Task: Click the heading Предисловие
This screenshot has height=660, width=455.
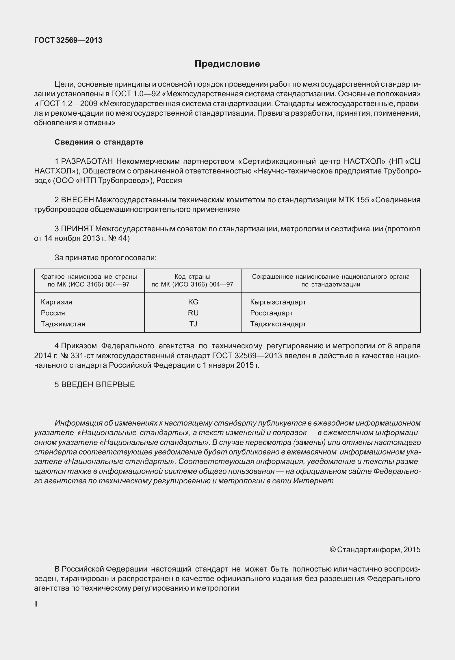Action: [x=227, y=64]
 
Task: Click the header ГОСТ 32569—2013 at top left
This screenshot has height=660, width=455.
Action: [x=68, y=40]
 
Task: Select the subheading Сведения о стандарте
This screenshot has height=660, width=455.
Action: [x=99, y=142]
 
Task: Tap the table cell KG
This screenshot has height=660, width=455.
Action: [x=193, y=302]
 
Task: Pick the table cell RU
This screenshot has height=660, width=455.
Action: [x=193, y=313]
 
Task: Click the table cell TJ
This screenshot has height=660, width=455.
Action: [x=193, y=324]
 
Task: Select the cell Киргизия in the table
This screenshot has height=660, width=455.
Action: [x=57, y=302]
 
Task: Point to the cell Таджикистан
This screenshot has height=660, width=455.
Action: [x=63, y=324]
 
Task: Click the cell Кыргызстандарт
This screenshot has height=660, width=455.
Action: [x=278, y=302]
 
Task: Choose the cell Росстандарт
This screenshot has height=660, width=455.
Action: [x=271, y=313]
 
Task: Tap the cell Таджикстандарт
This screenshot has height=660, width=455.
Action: [x=278, y=324]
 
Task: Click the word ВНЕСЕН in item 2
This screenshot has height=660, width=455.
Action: [x=78, y=200]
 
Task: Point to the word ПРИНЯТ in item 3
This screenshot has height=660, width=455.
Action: [x=77, y=229]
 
